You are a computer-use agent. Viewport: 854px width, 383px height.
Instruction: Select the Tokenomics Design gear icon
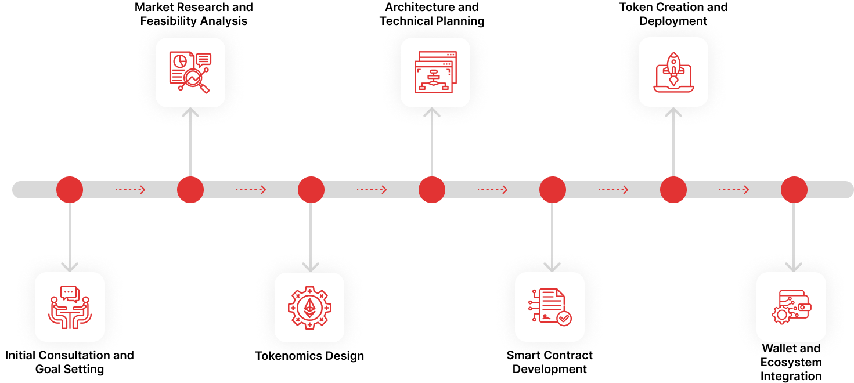[x=309, y=308]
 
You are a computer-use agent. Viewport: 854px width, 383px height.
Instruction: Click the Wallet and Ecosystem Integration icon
[x=791, y=307]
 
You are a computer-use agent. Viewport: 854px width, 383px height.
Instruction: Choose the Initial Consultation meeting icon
[x=70, y=307]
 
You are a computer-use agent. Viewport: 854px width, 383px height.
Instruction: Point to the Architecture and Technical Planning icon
[x=435, y=73]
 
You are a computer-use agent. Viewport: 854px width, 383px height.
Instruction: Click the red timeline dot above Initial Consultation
[x=70, y=189]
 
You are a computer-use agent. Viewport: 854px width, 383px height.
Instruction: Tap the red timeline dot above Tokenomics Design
[x=311, y=189]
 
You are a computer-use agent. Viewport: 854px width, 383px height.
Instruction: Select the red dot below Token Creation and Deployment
[x=673, y=189]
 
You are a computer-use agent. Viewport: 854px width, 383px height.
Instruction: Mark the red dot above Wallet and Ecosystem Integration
[x=794, y=189]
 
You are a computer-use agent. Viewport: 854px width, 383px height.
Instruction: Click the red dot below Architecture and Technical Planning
[x=432, y=189]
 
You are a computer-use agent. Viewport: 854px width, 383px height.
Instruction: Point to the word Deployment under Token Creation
[x=673, y=21]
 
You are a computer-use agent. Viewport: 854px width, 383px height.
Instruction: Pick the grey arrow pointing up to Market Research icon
[x=190, y=142]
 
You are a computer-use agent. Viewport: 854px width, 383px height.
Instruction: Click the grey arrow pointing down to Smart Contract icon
[x=552, y=237]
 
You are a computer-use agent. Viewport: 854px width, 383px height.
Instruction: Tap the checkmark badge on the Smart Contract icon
[x=564, y=318]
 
